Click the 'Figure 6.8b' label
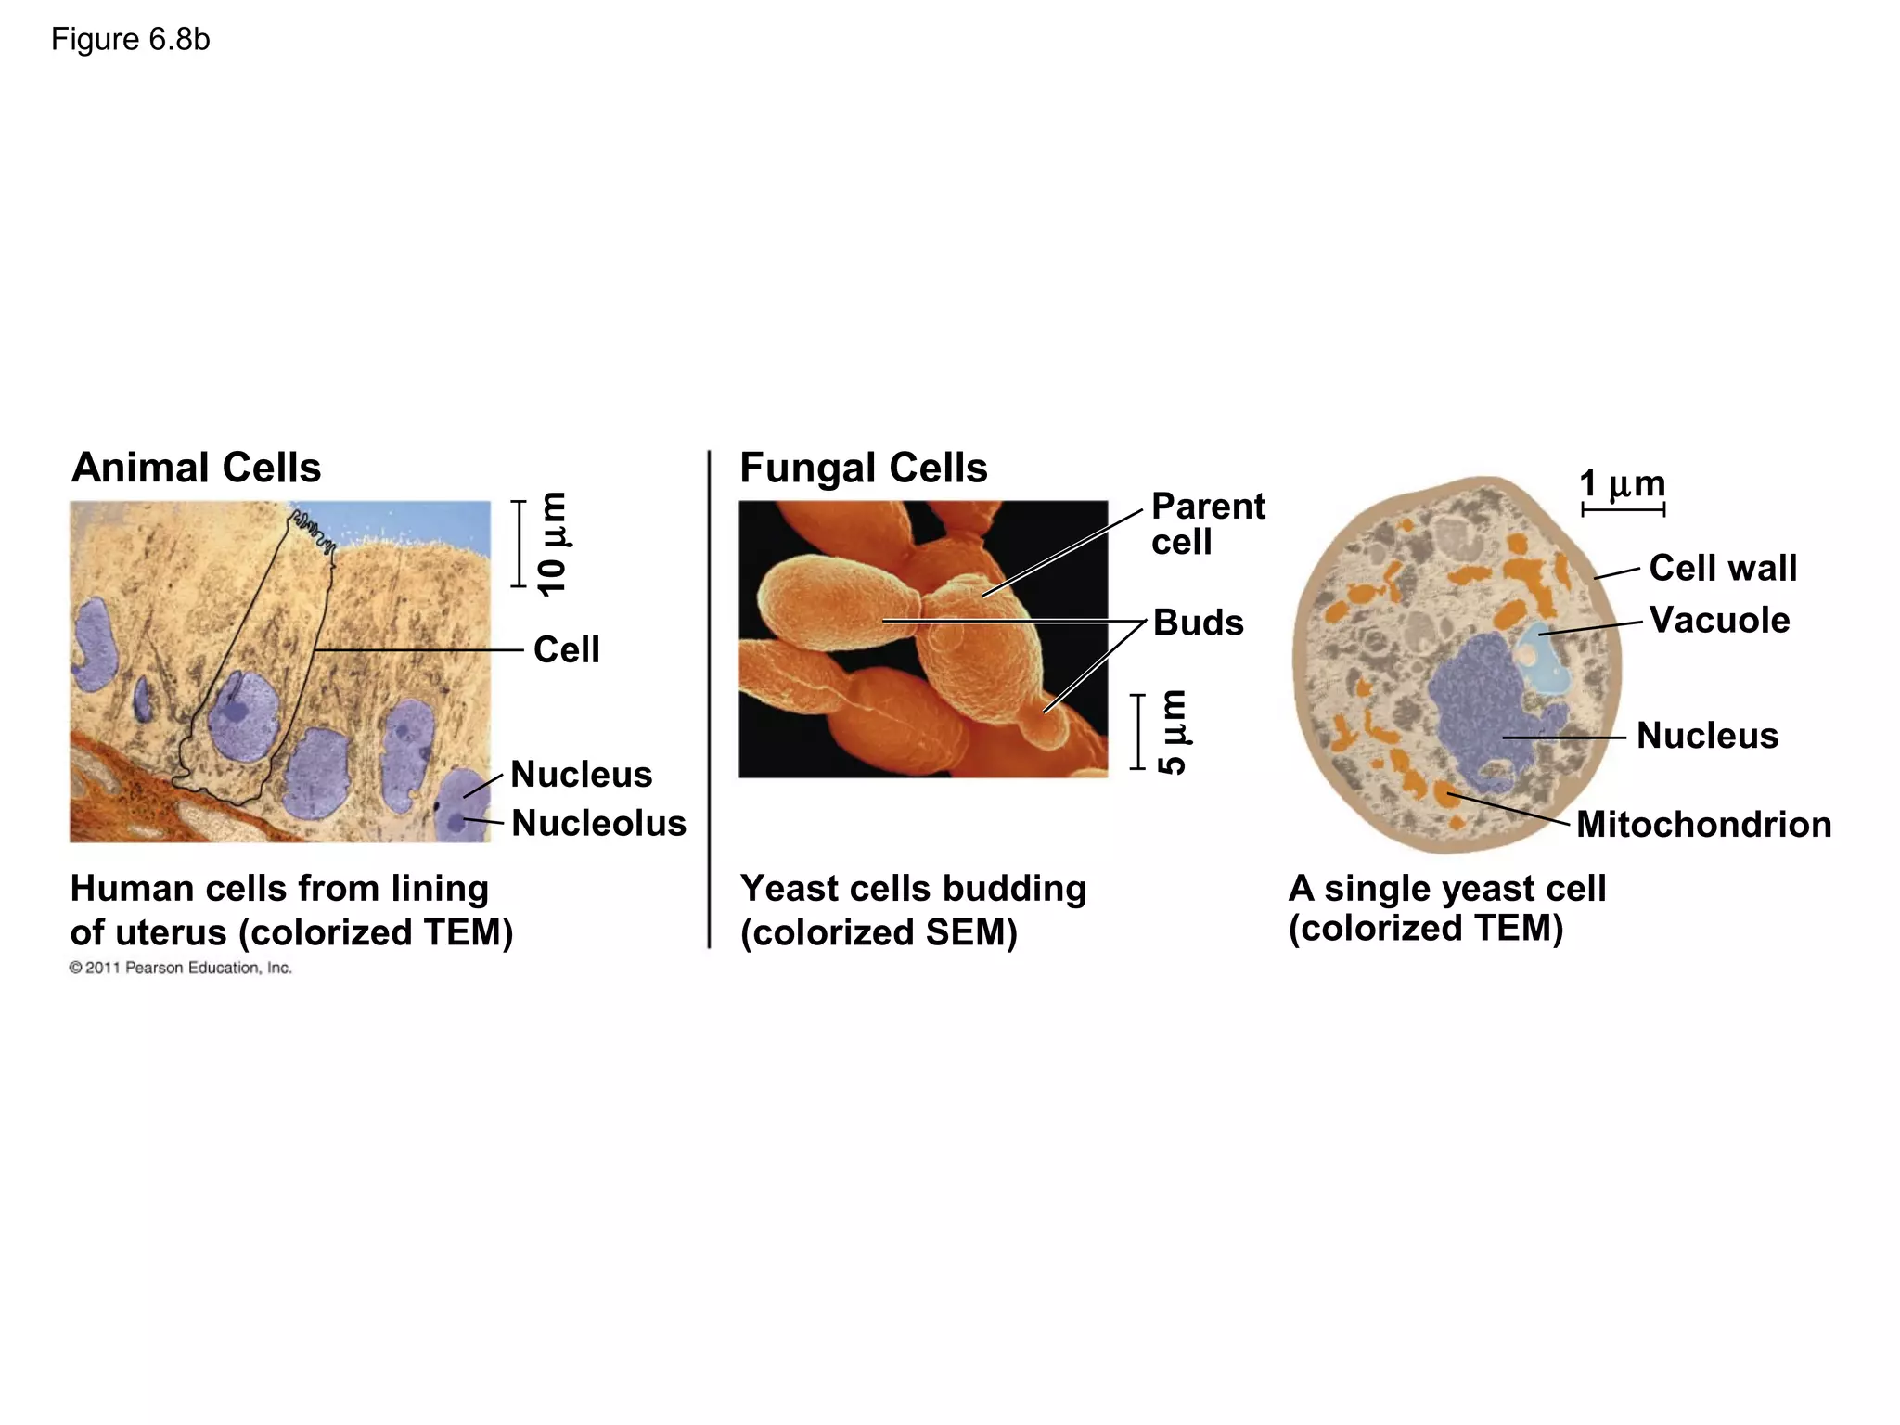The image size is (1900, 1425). pyautogui.click(x=130, y=40)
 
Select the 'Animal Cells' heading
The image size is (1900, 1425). pyautogui.click(x=196, y=468)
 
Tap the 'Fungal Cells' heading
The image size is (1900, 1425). pyautogui.click(x=863, y=468)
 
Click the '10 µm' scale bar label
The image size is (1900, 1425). pyautogui.click(x=552, y=544)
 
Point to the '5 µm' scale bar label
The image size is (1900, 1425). pyautogui.click(x=1173, y=731)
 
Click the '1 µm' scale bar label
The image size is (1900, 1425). pyautogui.click(x=1622, y=484)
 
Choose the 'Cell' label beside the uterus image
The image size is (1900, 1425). pyautogui.click(x=566, y=650)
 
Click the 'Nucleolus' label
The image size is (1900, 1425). pyautogui.click(x=598, y=824)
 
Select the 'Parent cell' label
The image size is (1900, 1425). pyautogui.click(x=1207, y=524)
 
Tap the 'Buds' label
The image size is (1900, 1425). pyautogui.click(x=1198, y=623)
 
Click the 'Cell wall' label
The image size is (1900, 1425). pyautogui.click(x=1723, y=568)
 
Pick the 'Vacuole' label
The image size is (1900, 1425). pyautogui.click(x=1719, y=620)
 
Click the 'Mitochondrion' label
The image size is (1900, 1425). pyautogui.click(x=1703, y=825)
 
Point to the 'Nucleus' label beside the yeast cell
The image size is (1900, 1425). pyautogui.click(x=1707, y=736)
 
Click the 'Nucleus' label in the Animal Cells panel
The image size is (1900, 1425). pyautogui.click(x=581, y=775)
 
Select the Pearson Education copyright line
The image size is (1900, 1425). pyautogui.click(x=181, y=968)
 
